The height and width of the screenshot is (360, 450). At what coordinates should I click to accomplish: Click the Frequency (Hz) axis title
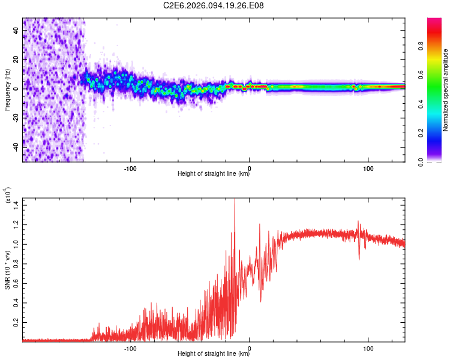pyautogui.click(x=7, y=90)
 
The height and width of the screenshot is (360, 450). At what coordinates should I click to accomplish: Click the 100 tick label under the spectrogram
pyautogui.click(x=368, y=168)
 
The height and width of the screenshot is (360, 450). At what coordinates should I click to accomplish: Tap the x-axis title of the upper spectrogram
pyautogui.click(x=214, y=174)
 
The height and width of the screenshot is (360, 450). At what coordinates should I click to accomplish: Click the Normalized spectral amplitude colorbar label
pyautogui.click(x=446, y=90)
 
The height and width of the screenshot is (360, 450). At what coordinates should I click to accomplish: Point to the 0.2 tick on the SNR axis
pyautogui.click(x=17, y=322)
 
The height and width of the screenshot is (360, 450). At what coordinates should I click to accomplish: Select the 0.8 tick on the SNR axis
pyautogui.click(x=17, y=264)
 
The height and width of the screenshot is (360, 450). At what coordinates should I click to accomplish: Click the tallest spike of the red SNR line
pyautogui.click(x=235, y=200)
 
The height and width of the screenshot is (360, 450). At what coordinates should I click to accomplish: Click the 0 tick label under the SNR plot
pyautogui.click(x=250, y=348)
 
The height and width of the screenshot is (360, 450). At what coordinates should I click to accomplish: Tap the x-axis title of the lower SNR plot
pyautogui.click(x=214, y=354)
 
